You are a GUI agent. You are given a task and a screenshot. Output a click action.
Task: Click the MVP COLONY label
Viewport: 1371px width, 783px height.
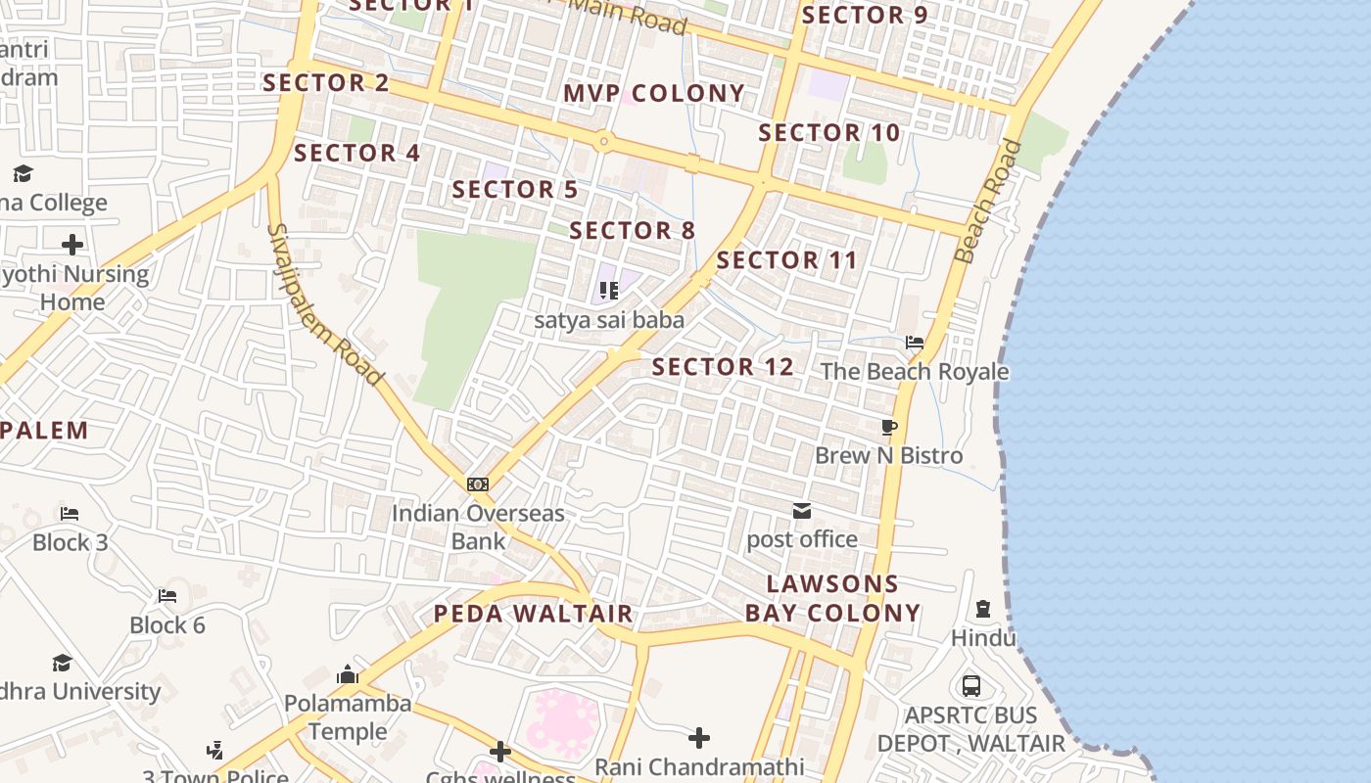point(654,94)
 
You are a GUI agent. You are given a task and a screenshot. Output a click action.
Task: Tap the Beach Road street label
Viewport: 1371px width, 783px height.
point(988,202)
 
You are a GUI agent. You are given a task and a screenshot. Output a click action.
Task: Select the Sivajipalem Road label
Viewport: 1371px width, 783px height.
point(324,303)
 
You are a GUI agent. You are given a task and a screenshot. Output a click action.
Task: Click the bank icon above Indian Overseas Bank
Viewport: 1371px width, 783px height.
point(478,484)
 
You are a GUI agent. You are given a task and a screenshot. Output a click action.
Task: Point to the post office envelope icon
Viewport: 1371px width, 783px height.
point(802,511)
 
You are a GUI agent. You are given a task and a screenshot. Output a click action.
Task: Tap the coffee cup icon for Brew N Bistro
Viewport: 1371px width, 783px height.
point(889,428)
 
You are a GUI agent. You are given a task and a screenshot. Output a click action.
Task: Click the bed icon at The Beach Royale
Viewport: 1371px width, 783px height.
point(915,344)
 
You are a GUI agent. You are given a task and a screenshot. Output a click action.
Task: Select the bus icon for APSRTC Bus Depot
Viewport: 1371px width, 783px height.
point(971,686)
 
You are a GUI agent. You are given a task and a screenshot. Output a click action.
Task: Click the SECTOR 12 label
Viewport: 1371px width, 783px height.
point(723,367)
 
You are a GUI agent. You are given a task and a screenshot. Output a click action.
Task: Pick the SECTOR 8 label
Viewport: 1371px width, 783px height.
point(632,231)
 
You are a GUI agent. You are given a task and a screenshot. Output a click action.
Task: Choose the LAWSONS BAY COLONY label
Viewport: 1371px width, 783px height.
point(833,599)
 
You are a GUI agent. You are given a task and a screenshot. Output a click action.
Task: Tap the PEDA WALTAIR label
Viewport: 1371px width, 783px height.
point(534,615)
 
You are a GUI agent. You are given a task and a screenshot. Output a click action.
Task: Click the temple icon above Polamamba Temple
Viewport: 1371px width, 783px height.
point(348,675)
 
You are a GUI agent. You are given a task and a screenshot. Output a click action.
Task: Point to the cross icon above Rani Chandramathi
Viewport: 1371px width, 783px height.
point(699,737)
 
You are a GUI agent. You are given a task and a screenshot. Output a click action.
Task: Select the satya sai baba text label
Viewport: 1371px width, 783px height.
point(609,320)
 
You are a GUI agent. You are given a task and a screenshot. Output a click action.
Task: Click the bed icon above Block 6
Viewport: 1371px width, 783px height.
point(167,596)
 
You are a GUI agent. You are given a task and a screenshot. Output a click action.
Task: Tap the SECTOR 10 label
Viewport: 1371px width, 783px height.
point(829,133)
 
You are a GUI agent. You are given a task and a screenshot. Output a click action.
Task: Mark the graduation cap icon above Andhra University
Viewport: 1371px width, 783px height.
point(63,663)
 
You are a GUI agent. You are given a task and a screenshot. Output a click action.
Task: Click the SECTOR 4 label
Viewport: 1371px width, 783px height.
point(356,154)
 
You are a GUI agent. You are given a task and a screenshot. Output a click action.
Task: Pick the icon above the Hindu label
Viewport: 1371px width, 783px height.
point(983,610)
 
